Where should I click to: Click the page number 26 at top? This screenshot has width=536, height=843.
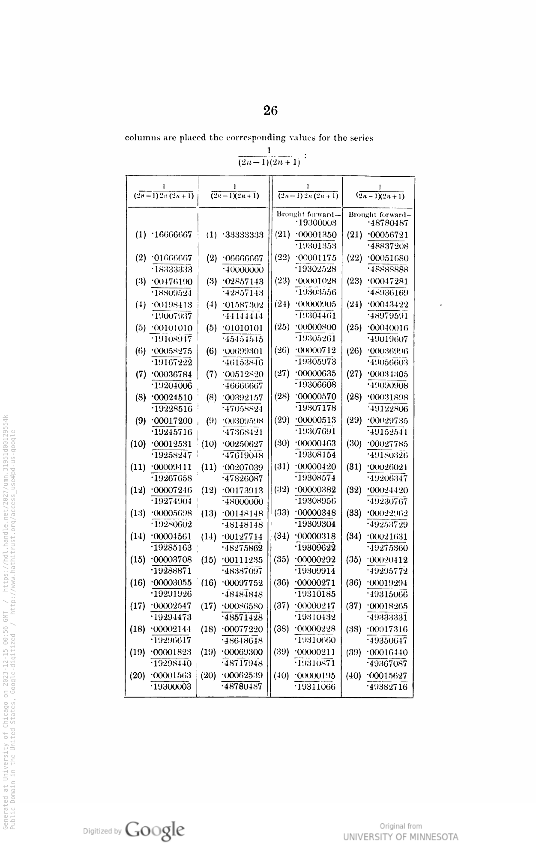click(270, 111)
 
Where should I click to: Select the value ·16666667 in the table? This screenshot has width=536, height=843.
click(172, 235)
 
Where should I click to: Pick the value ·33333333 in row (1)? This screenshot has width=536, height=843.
click(243, 235)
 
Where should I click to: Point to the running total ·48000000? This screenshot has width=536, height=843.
click(243, 502)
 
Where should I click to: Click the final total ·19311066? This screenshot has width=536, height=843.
click(316, 687)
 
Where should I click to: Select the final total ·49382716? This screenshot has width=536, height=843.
click(387, 687)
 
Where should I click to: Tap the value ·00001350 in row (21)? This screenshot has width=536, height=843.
click(316, 234)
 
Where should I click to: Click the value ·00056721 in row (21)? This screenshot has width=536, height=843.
click(387, 235)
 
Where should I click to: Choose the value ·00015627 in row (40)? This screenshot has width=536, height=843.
click(387, 675)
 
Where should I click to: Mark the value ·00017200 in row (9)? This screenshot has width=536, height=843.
click(172, 421)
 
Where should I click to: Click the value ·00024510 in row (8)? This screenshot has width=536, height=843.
click(172, 397)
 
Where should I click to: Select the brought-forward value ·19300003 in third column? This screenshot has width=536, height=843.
click(316, 223)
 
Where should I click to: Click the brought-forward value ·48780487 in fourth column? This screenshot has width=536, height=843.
click(387, 223)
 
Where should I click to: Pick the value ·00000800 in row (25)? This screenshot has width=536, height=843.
click(316, 327)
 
